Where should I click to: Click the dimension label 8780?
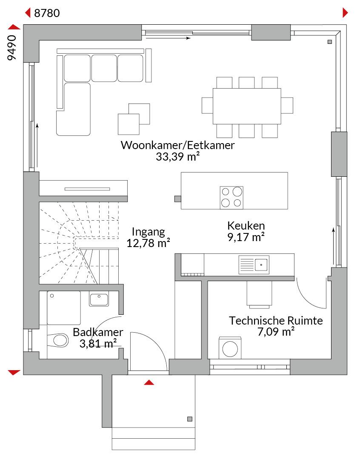tap(47, 13)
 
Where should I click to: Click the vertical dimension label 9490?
tap(12, 48)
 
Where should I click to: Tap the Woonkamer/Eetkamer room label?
tap(177, 145)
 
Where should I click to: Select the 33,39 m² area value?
tap(177, 157)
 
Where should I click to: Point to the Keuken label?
tap(246, 226)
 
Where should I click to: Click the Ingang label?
tap(149, 232)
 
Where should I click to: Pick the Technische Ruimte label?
tap(276, 321)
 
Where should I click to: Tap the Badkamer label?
tap(98, 332)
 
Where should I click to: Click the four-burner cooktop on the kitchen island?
tap(231, 198)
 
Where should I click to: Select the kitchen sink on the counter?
tap(254, 264)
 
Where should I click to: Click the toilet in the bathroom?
tap(58, 340)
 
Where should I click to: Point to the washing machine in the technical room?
tap(230, 348)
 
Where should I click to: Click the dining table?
tap(247, 106)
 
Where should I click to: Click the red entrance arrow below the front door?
tap(149, 382)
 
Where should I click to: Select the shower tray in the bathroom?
tap(63, 308)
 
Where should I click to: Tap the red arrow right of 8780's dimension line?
tap(346, 13)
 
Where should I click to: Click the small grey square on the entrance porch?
tap(190, 419)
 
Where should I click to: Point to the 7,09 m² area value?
tap(276, 332)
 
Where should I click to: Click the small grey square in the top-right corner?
tap(330, 42)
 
